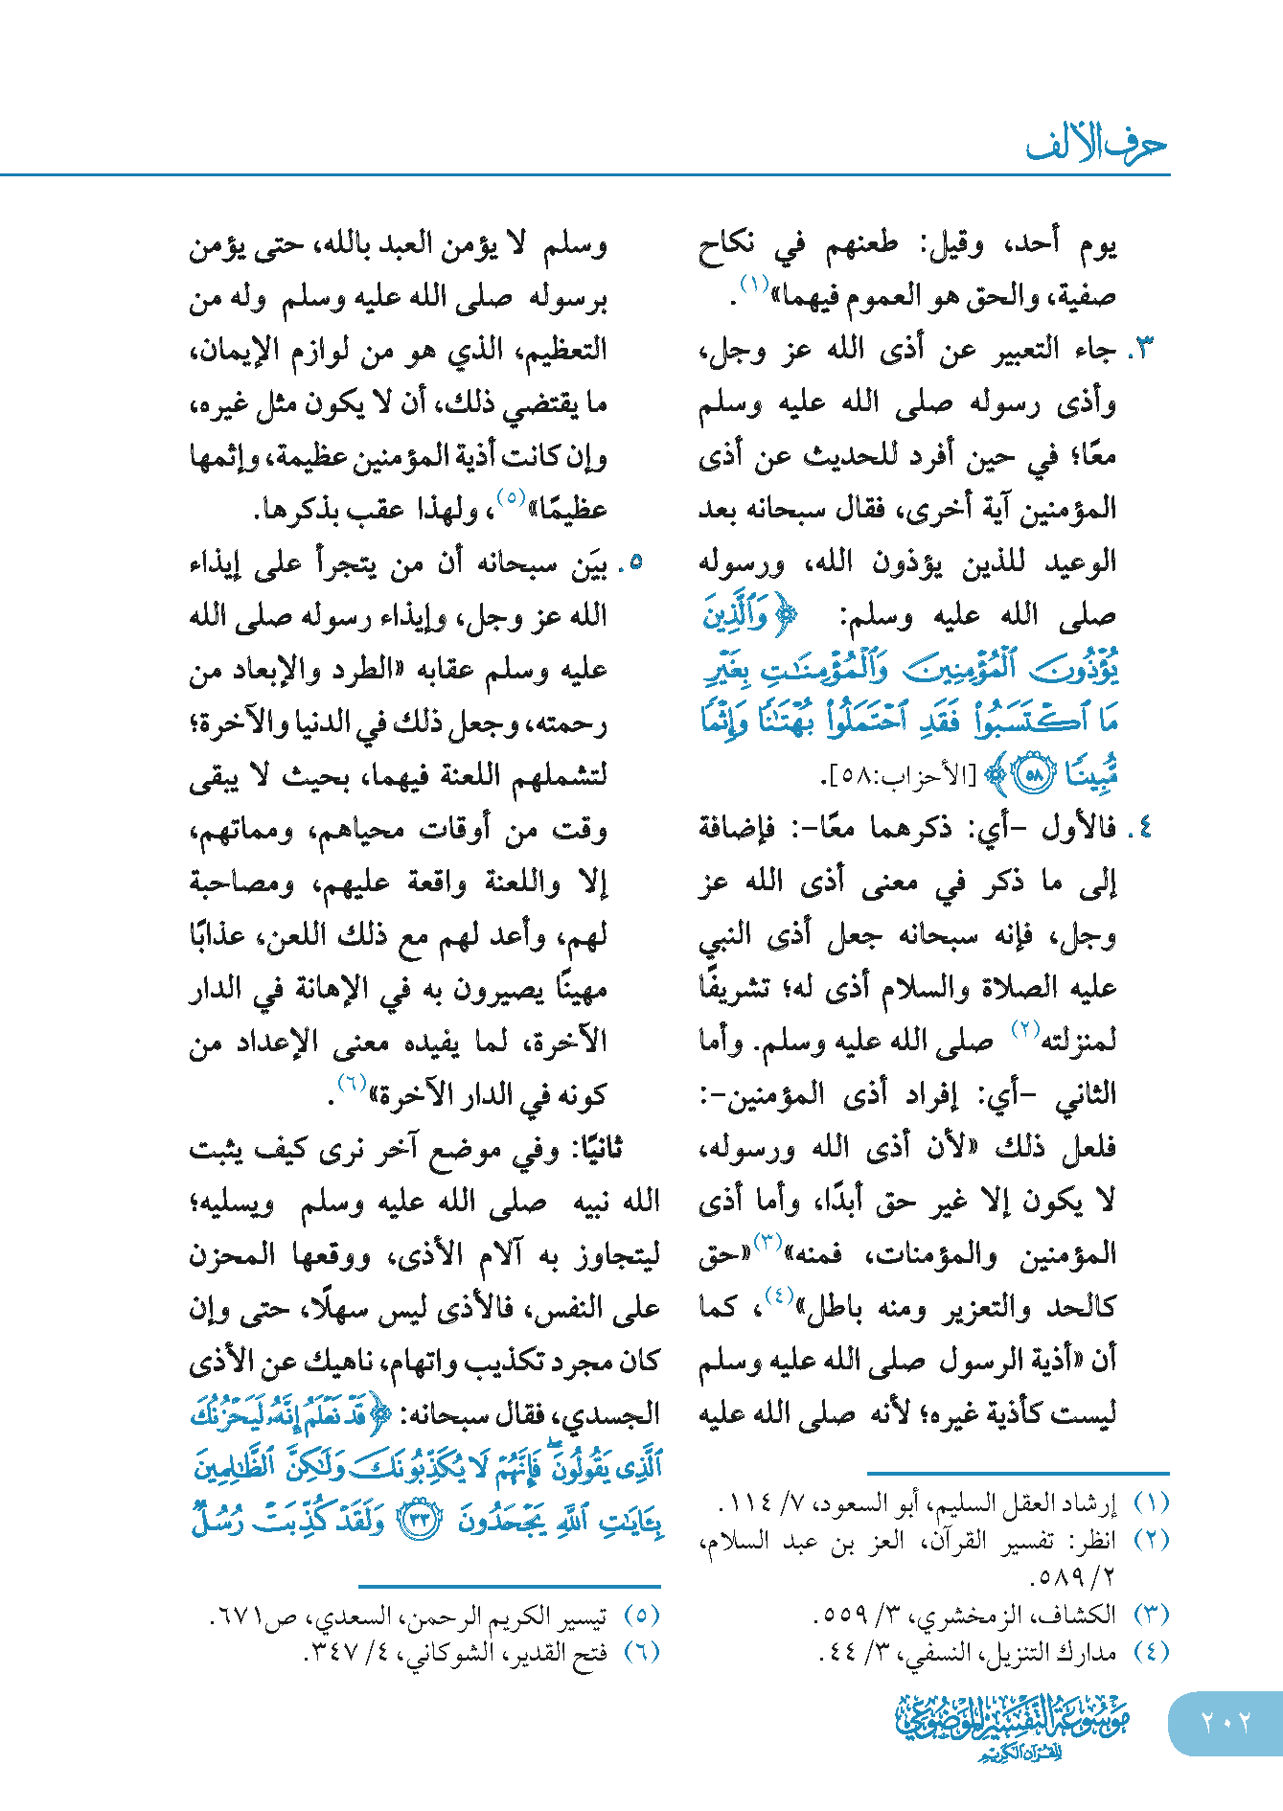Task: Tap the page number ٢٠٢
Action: (x=1226, y=1723)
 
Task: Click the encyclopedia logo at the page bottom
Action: (x=1013, y=1726)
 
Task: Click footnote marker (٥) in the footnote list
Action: (x=641, y=1616)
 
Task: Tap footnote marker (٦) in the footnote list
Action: (x=641, y=1652)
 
